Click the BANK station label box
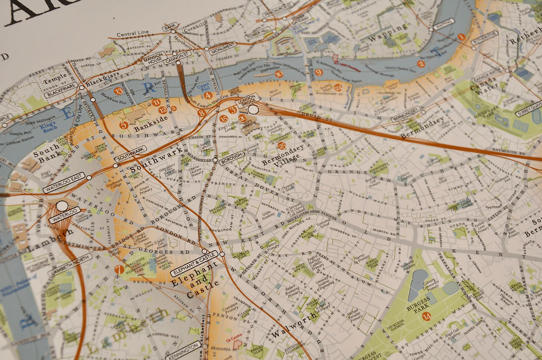[170, 27]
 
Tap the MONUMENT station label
[222, 51]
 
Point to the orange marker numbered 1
[461, 37]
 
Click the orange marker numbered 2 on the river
[421, 64]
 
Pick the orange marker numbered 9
[319, 72]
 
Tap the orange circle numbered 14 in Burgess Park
[426, 316]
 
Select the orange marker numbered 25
[282, 146]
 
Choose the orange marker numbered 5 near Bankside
[124, 125]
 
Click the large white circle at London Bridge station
[253, 109]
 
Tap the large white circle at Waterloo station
[62, 206]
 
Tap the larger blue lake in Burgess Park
[419, 278]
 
